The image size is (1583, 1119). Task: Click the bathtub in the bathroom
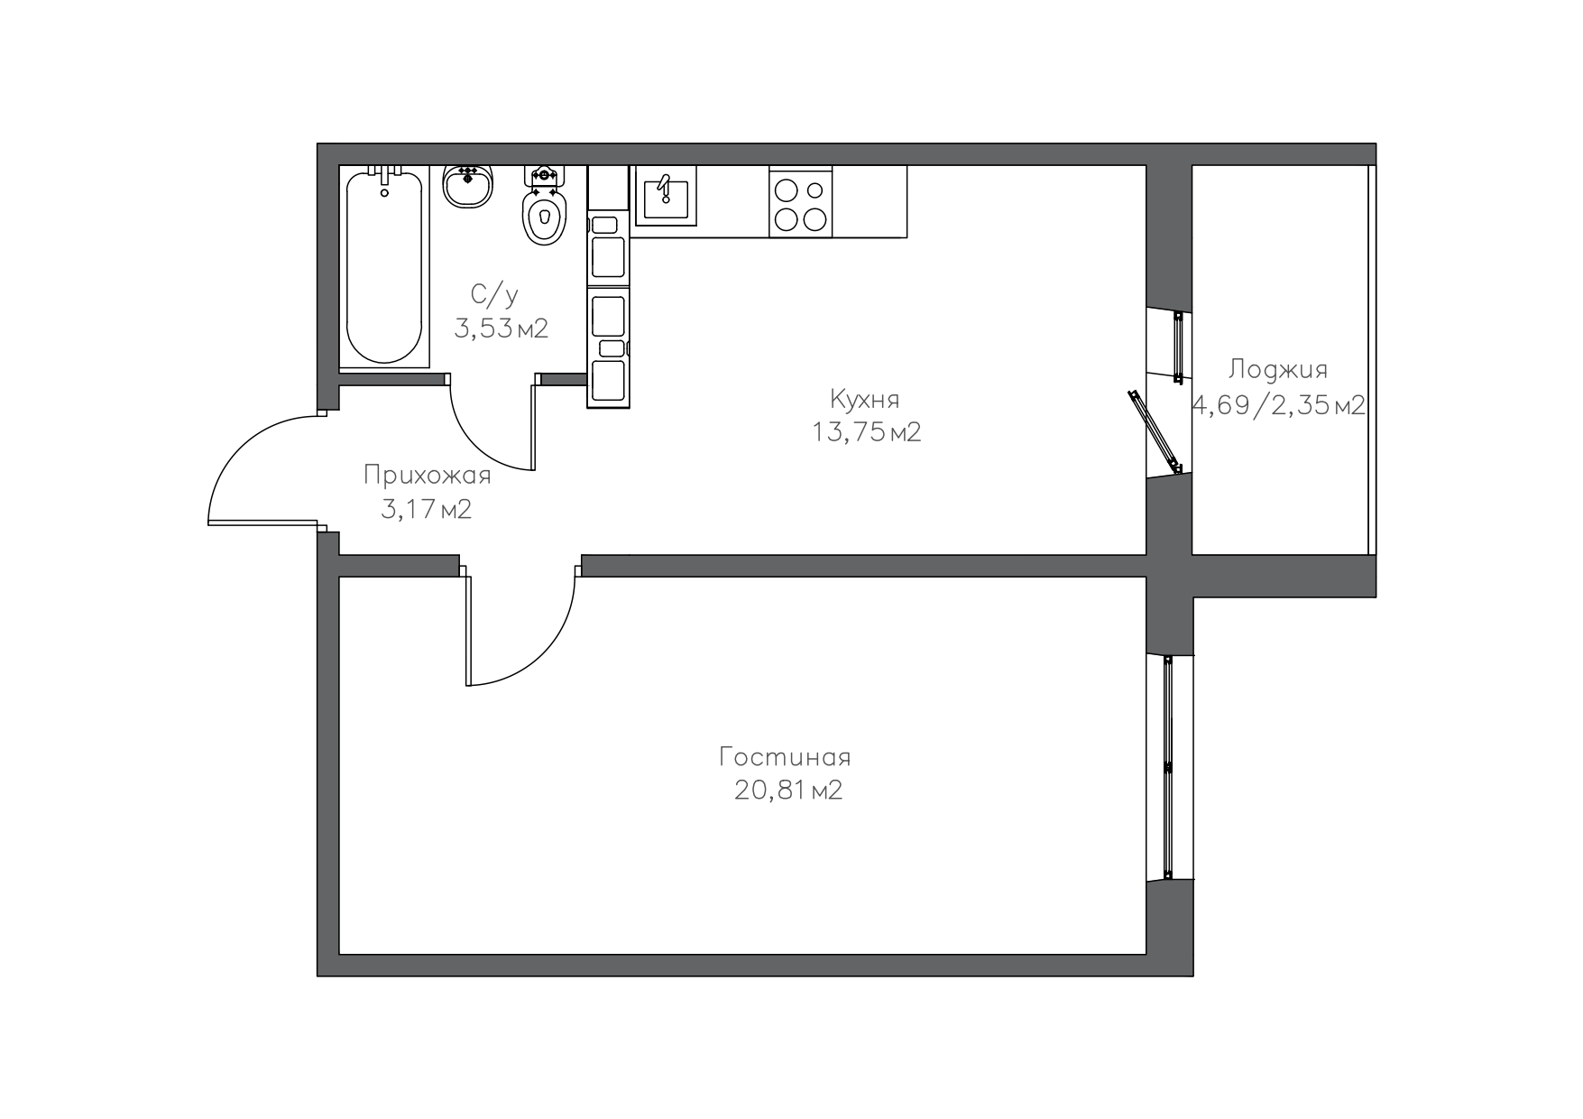click(x=384, y=267)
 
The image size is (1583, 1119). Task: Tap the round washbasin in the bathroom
click(x=468, y=186)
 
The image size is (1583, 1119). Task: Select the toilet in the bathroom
click(x=544, y=206)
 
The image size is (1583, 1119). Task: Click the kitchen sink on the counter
click(x=666, y=196)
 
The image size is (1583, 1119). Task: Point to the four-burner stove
click(x=801, y=202)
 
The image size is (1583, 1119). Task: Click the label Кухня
click(x=864, y=398)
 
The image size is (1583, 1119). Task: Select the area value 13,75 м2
click(x=866, y=433)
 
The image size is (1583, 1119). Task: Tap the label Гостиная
click(x=785, y=756)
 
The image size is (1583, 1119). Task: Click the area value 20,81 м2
click(x=788, y=791)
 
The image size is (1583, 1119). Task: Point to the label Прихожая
click(x=427, y=476)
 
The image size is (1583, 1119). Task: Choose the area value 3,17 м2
click(x=427, y=510)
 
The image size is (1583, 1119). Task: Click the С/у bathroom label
click(x=494, y=294)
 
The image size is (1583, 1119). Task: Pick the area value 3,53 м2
click(x=501, y=328)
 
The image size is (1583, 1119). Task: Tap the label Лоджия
click(x=1277, y=370)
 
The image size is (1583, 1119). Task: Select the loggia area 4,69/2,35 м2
click(x=1279, y=406)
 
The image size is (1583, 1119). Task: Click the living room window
click(x=1168, y=767)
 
